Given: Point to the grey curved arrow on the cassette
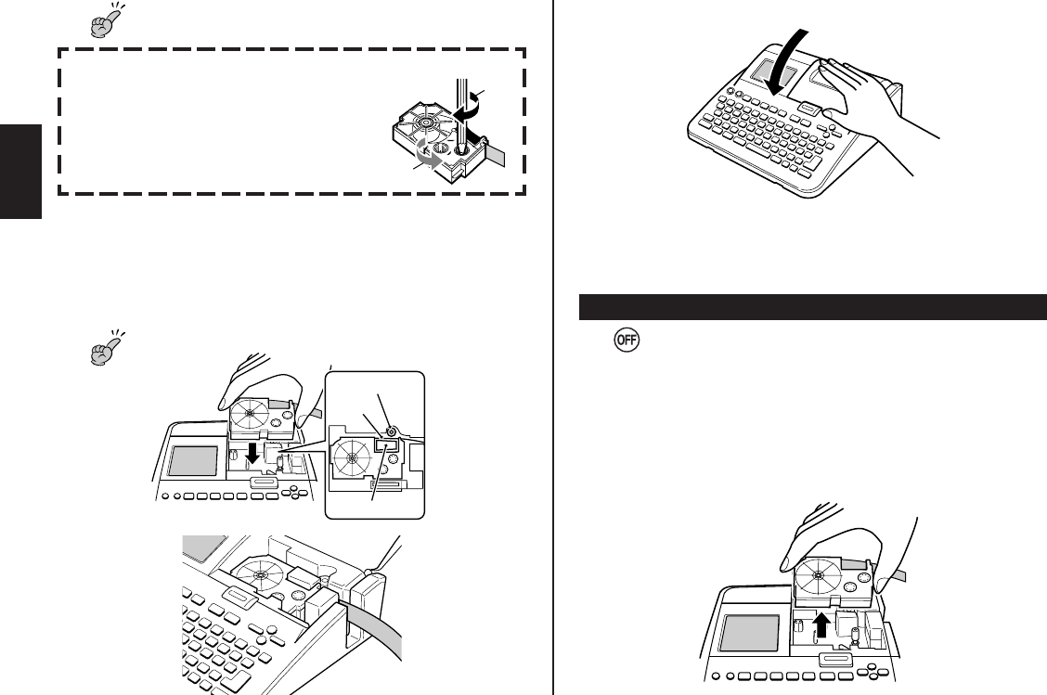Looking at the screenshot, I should click(428, 160).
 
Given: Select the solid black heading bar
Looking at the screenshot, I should click(813, 306).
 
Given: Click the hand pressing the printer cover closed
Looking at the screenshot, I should click(863, 107).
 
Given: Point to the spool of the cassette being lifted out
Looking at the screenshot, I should click(817, 575).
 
